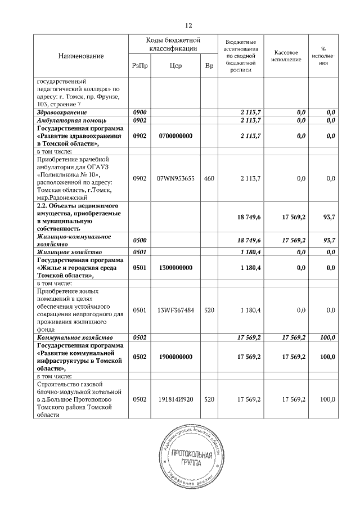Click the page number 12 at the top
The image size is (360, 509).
pos(188,25)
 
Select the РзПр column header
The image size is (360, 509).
pos(139,66)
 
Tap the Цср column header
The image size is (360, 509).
pos(175,66)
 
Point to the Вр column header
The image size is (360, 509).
pos(209,66)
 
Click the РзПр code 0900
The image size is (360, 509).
pos(139,112)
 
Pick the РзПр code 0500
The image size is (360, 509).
pos(139,240)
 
